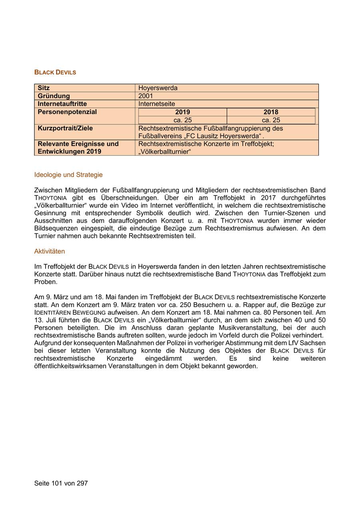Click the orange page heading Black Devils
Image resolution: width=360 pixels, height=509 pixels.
55,72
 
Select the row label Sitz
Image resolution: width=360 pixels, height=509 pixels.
44,88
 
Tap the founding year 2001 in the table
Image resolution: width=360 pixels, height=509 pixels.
146,96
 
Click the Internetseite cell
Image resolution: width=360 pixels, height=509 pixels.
156,104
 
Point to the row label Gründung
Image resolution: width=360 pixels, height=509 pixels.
54,96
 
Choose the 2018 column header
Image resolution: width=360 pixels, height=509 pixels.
271,112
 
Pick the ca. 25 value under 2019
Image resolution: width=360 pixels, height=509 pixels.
182,120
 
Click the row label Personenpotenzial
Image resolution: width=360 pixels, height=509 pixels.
67,112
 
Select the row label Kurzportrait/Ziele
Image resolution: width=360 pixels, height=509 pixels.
65,128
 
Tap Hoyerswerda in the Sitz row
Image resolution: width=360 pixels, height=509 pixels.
158,88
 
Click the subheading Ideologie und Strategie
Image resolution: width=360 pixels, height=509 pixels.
68,175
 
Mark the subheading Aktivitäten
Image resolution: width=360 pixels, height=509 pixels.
50,252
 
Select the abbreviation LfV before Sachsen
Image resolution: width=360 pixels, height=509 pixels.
296,343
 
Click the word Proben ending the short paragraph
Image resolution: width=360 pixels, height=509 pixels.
46,282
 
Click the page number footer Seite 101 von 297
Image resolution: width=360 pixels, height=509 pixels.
61,483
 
